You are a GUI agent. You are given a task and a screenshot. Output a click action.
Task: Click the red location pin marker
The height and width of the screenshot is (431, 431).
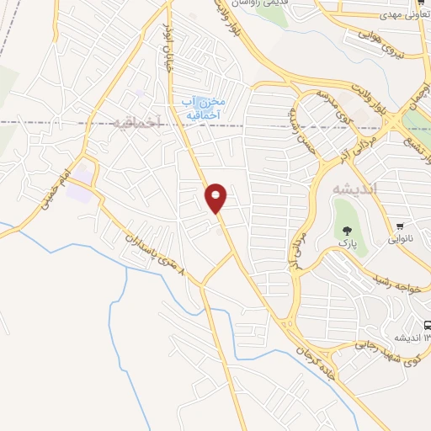[x=216, y=198]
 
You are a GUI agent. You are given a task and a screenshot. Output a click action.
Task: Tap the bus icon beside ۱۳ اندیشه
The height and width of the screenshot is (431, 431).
[x=427, y=326]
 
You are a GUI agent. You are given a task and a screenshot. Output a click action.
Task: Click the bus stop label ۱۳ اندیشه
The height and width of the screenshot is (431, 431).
[x=404, y=338]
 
